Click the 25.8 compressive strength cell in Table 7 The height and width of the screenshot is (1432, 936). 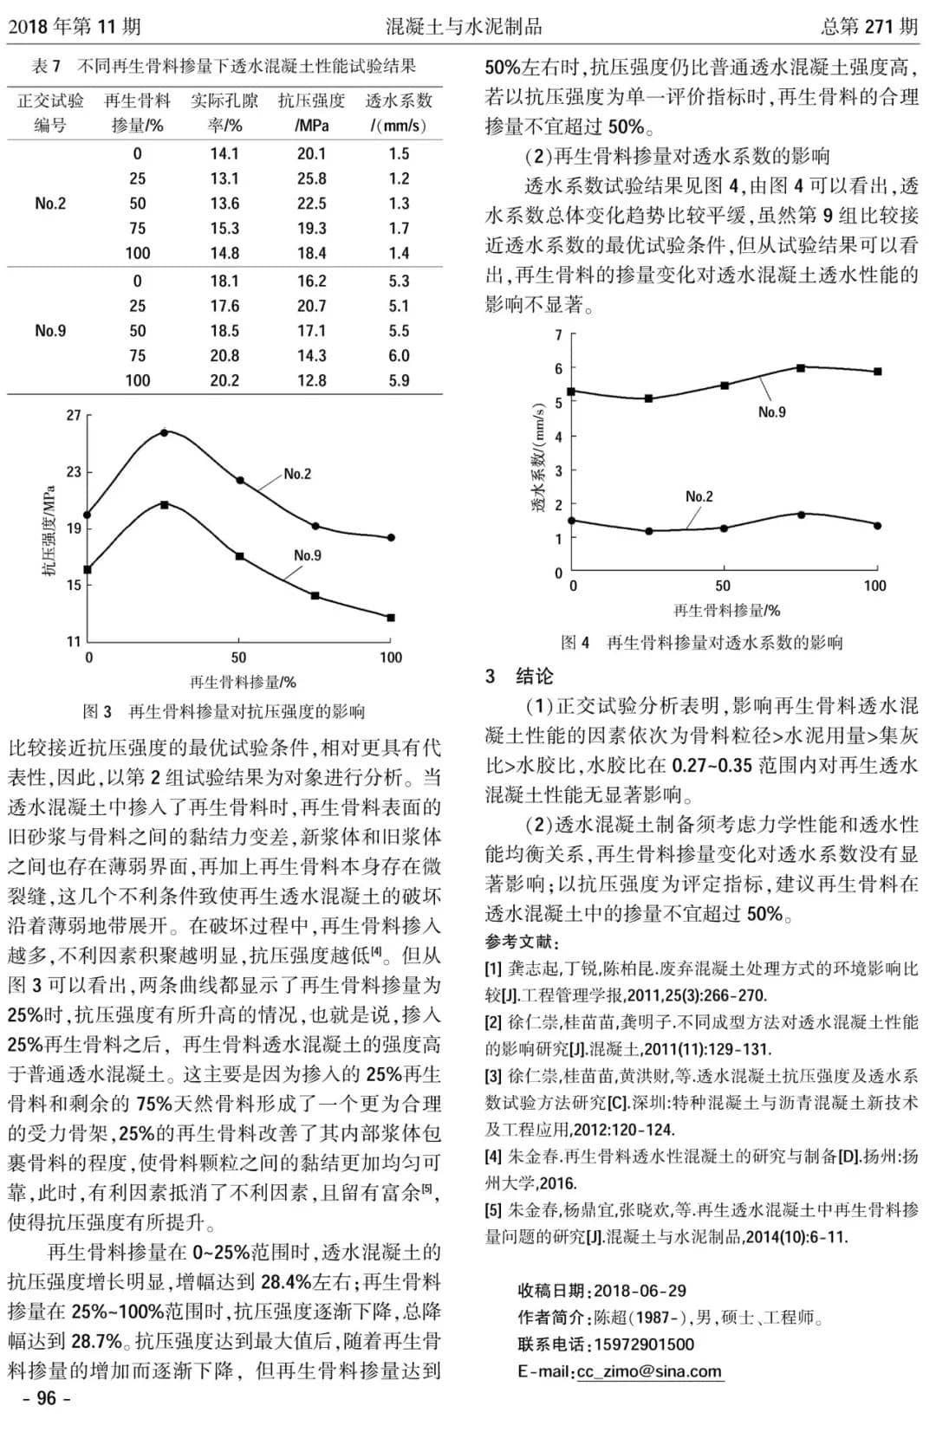(311, 178)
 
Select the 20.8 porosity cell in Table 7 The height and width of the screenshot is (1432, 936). (224, 355)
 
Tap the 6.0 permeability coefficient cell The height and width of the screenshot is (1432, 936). (399, 355)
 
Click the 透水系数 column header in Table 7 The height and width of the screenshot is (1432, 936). (399, 100)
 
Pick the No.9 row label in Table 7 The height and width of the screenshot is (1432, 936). (50, 330)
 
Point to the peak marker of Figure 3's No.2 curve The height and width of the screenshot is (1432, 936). (164, 431)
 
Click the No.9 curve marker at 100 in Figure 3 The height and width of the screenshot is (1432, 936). (391, 618)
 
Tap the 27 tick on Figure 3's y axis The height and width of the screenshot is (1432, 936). (74, 416)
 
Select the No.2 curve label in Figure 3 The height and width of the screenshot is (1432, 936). (297, 474)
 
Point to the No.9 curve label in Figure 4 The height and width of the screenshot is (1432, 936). (771, 412)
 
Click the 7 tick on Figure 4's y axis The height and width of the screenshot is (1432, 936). (559, 335)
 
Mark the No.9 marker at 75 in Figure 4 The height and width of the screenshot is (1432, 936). (800, 368)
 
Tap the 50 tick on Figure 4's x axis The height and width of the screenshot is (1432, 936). (723, 586)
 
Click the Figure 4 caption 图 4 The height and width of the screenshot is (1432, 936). (575, 642)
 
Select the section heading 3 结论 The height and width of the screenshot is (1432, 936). (519, 677)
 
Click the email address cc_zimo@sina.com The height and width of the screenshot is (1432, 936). (649, 1371)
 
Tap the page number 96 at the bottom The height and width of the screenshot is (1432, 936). (46, 1398)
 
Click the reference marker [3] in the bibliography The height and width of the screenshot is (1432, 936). (493, 1076)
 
